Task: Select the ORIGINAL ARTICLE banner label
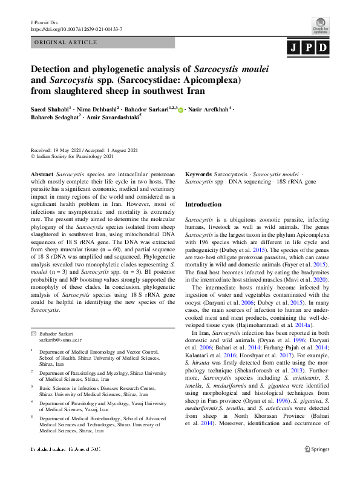67,42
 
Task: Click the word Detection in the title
57,68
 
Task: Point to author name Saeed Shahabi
50,109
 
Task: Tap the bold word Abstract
42,173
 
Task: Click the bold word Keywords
198,173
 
